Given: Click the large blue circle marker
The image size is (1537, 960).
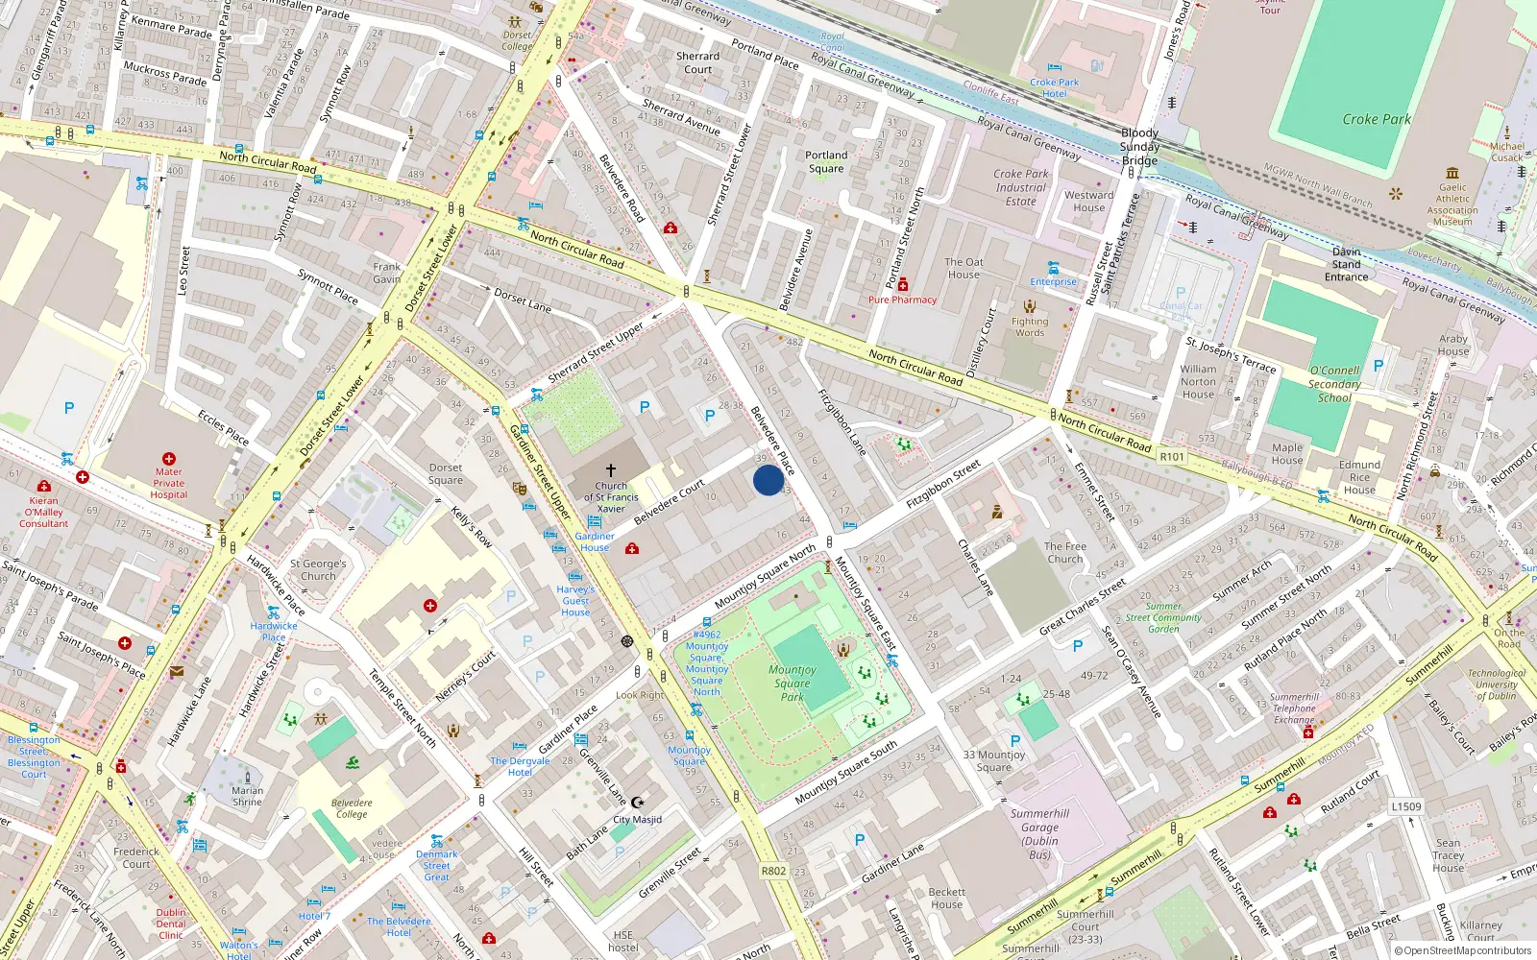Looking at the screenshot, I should pyautogui.click(x=768, y=480).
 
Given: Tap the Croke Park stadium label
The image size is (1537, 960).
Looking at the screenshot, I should pyautogui.click(x=1376, y=120).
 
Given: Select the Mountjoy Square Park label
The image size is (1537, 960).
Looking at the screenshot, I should pyautogui.click(x=793, y=684).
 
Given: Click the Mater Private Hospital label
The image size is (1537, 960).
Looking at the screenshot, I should pyautogui.click(x=168, y=483).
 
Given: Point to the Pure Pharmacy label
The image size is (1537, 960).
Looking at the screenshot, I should pyautogui.click(x=902, y=300).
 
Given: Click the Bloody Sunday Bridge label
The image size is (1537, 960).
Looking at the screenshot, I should pyautogui.click(x=1139, y=147).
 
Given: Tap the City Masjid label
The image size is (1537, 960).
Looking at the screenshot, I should pyautogui.click(x=637, y=820).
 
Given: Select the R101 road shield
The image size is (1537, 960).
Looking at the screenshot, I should pyautogui.click(x=1172, y=457).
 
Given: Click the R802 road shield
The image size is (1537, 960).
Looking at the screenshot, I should pyautogui.click(x=773, y=871).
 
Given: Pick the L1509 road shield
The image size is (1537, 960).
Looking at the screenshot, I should pyautogui.click(x=1405, y=806).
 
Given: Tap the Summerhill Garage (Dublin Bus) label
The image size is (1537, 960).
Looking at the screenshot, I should pyautogui.click(x=1039, y=833).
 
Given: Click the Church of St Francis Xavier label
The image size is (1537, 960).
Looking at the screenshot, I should pyautogui.click(x=611, y=496).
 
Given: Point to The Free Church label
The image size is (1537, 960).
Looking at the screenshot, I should pyautogui.click(x=1064, y=552).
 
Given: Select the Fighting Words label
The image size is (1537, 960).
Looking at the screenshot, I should pyautogui.click(x=1030, y=326).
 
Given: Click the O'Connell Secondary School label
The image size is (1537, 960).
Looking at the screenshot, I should pyautogui.click(x=1334, y=384).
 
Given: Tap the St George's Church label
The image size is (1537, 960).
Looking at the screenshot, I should pyautogui.click(x=318, y=570).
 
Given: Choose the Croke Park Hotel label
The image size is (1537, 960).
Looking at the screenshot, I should pyautogui.click(x=1054, y=87).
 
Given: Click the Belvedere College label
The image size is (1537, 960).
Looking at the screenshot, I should pyautogui.click(x=352, y=808).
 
